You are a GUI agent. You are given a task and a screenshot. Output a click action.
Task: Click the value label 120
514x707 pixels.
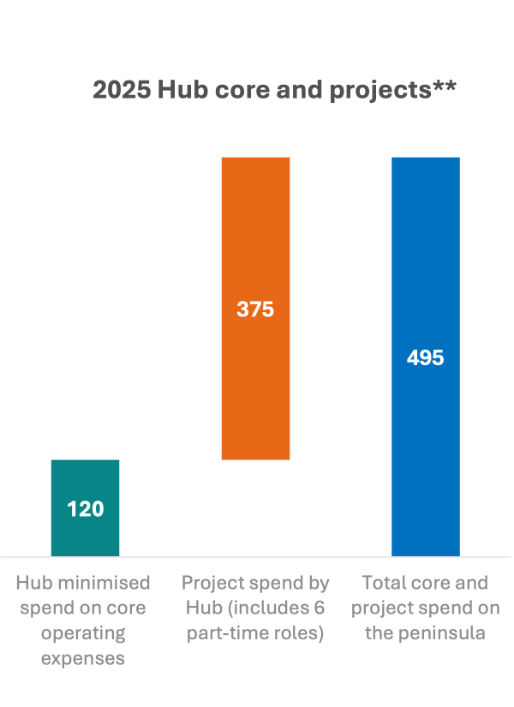click(x=85, y=509)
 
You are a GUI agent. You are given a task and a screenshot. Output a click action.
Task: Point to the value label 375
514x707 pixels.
click(x=255, y=309)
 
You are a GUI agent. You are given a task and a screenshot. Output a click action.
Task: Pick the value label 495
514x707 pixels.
click(x=426, y=357)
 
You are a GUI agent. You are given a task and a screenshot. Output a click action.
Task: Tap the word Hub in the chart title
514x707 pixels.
click(x=179, y=91)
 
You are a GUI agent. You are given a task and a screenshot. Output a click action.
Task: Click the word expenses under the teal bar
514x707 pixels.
click(x=83, y=659)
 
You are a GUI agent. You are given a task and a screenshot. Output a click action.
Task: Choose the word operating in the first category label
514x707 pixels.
click(x=83, y=634)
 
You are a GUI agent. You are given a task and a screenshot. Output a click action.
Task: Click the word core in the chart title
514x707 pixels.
click(x=236, y=91)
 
